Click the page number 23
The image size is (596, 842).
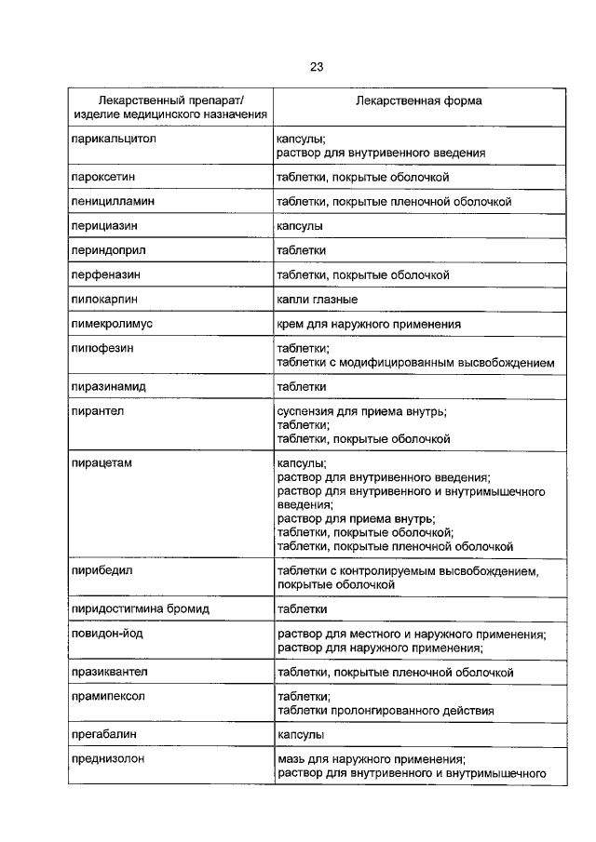(x=317, y=66)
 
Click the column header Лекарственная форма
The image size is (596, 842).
(x=405, y=100)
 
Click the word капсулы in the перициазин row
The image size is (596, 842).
(x=300, y=226)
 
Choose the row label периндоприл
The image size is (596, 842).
(x=108, y=250)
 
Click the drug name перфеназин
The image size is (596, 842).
(x=106, y=275)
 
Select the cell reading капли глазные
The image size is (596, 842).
(x=318, y=300)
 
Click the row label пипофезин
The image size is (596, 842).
(x=102, y=349)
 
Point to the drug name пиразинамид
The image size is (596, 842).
(x=110, y=385)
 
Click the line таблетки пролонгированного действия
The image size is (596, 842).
(x=386, y=710)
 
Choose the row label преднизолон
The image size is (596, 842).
(x=110, y=759)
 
